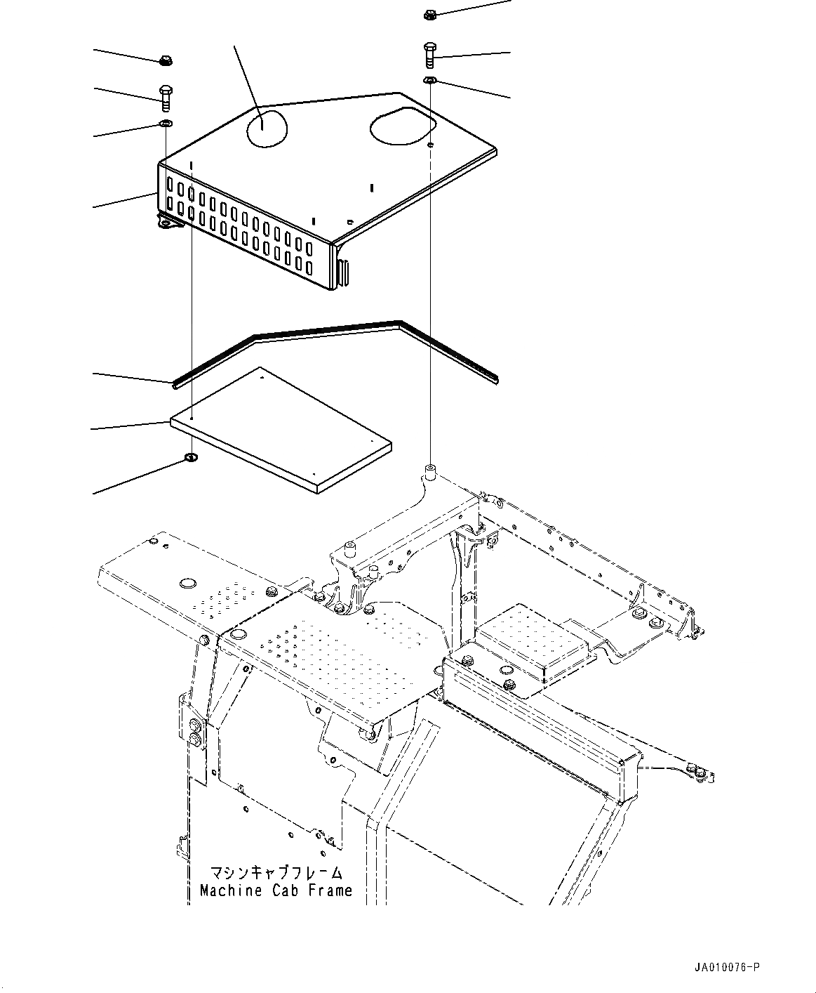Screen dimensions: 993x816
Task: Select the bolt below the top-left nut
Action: point(166,98)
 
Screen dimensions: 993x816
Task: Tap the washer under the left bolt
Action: point(166,125)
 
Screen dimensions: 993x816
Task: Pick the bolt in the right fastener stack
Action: point(430,55)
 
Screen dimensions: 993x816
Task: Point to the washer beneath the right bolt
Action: point(430,81)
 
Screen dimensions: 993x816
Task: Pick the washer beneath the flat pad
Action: point(191,459)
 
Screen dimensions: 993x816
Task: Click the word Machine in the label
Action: point(225,890)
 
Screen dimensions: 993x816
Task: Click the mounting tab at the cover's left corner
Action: point(166,223)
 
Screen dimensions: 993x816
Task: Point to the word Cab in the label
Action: point(281,890)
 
